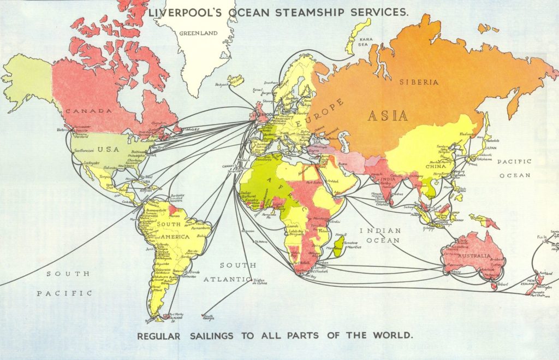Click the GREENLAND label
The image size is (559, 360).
(199, 33)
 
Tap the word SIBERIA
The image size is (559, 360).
(419, 82)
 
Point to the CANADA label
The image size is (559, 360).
(88, 111)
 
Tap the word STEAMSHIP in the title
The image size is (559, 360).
(313, 12)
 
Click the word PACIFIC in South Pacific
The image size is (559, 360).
(64, 293)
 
